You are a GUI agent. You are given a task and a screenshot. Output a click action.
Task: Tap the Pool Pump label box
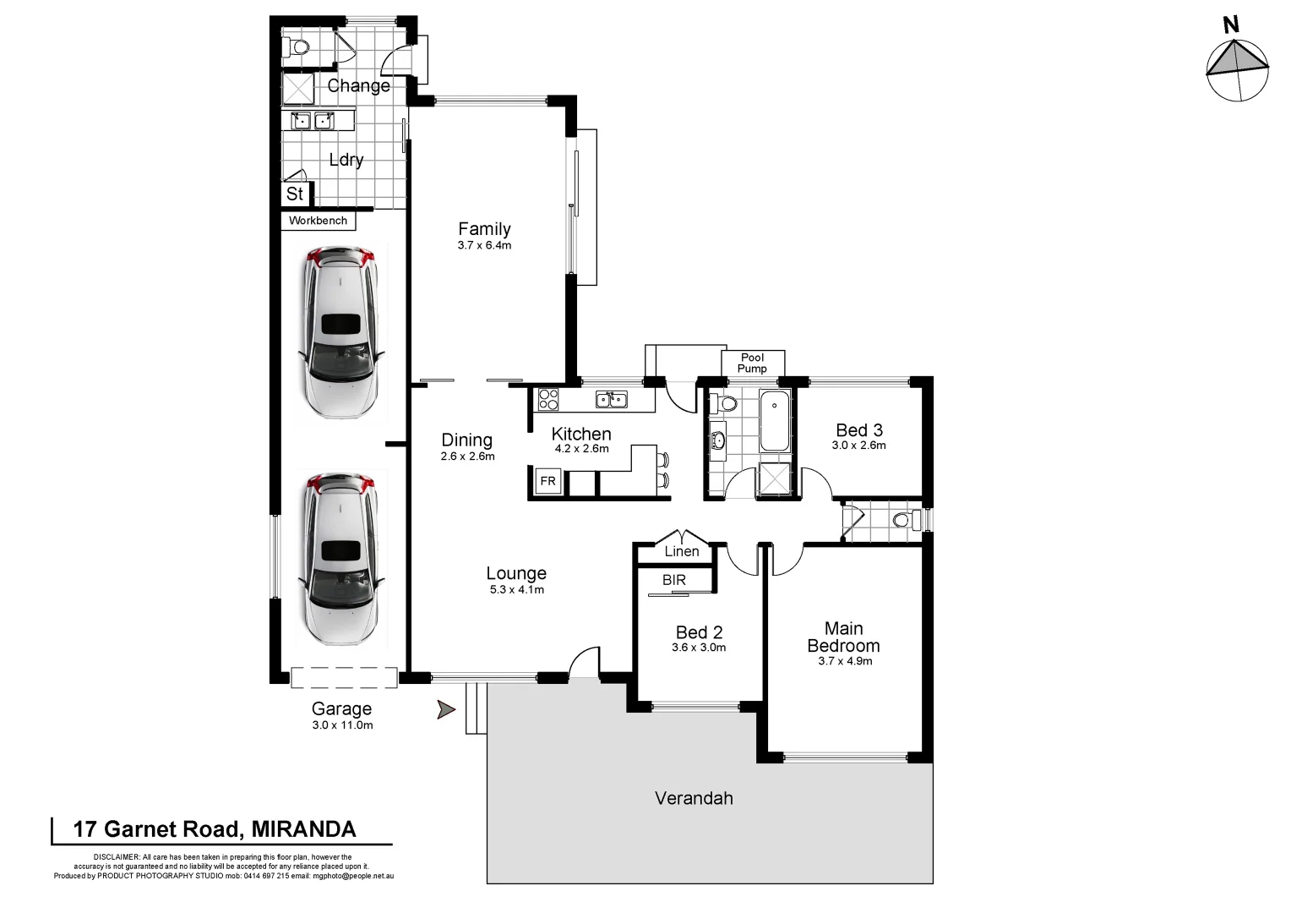(752, 363)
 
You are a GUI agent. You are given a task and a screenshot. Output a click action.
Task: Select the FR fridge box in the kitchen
(548, 482)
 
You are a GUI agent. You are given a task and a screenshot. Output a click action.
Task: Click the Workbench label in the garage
(319, 221)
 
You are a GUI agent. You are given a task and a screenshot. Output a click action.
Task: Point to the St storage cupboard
(295, 194)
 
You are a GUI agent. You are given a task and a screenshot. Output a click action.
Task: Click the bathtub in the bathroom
(775, 421)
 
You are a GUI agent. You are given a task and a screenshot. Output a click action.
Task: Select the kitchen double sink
(610, 399)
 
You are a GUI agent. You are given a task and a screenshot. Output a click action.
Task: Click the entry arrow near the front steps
(446, 710)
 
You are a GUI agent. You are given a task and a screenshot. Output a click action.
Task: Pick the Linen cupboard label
(682, 551)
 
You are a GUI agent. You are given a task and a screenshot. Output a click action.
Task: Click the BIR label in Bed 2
(674, 580)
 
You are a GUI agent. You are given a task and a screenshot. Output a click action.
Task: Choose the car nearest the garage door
(341, 560)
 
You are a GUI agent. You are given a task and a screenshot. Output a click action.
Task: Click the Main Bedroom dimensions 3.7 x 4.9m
(845, 661)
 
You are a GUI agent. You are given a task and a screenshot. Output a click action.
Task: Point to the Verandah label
(694, 798)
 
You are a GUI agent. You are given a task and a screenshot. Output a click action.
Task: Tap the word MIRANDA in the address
(305, 829)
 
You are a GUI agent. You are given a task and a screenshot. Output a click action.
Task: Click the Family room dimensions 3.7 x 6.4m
(484, 246)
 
